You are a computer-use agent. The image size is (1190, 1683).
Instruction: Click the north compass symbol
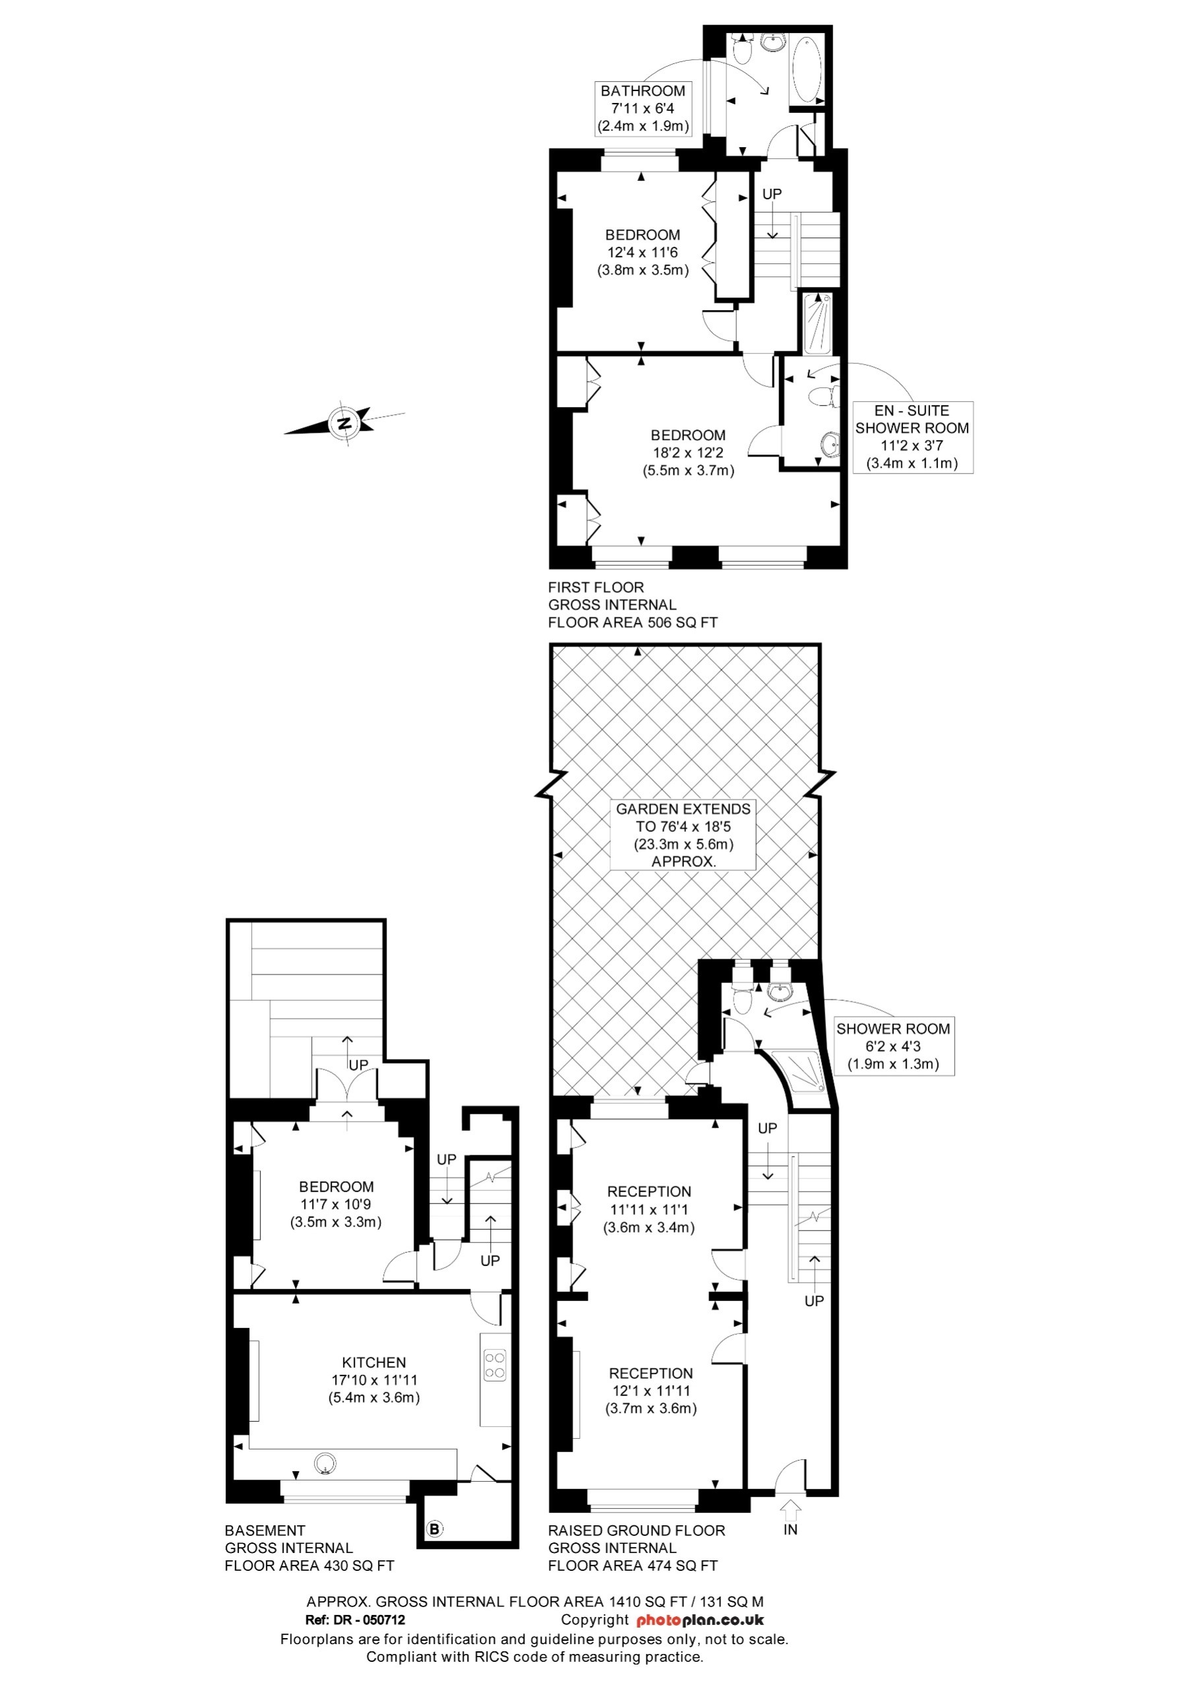point(345,423)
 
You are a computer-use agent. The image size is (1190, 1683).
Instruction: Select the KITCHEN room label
point(374,1362)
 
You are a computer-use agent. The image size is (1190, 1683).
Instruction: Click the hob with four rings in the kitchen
point(495,1365)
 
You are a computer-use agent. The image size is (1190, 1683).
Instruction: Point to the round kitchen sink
point(325,1464)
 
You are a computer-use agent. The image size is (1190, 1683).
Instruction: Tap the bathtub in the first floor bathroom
point(806,70)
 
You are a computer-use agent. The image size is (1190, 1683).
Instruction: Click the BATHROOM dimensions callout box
point(642,108)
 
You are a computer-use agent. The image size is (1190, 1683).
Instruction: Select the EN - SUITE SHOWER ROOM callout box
point(912,437)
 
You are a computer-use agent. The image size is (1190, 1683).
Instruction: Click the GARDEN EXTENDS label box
point(683,835)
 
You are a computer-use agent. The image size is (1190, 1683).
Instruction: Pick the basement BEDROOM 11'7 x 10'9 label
point(336,1203)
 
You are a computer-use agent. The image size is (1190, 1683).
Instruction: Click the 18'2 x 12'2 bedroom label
point(688,453)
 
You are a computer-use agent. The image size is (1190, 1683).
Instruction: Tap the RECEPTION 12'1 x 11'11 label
point(650,1391)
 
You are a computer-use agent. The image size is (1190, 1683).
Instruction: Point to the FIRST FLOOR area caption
point(633,605)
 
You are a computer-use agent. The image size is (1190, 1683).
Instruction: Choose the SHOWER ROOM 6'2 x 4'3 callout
point(892,1046)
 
